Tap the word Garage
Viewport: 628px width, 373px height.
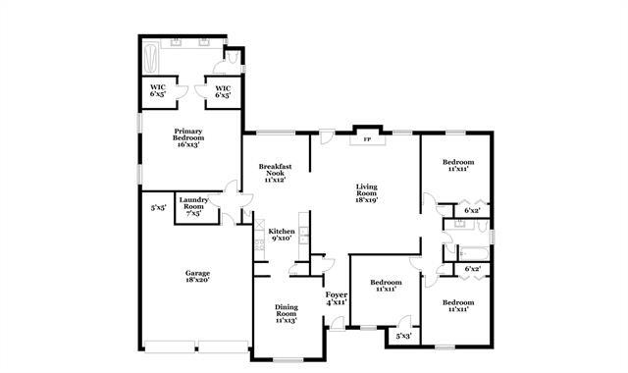198,273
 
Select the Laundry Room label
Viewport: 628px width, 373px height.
193,203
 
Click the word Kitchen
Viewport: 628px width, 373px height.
282,231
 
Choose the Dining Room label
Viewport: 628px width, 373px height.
287,310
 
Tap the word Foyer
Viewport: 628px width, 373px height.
336,293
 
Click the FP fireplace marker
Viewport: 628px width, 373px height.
367,139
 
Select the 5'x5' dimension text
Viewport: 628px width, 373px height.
157,207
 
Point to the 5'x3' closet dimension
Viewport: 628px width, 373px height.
403,336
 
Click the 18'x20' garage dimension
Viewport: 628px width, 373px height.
198,280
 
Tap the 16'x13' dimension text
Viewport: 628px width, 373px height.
189,144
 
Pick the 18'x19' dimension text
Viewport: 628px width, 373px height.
366,199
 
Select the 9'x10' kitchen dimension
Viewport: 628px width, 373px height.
282,238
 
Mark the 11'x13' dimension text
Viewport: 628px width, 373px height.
287,320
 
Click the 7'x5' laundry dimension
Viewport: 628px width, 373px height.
193,213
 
